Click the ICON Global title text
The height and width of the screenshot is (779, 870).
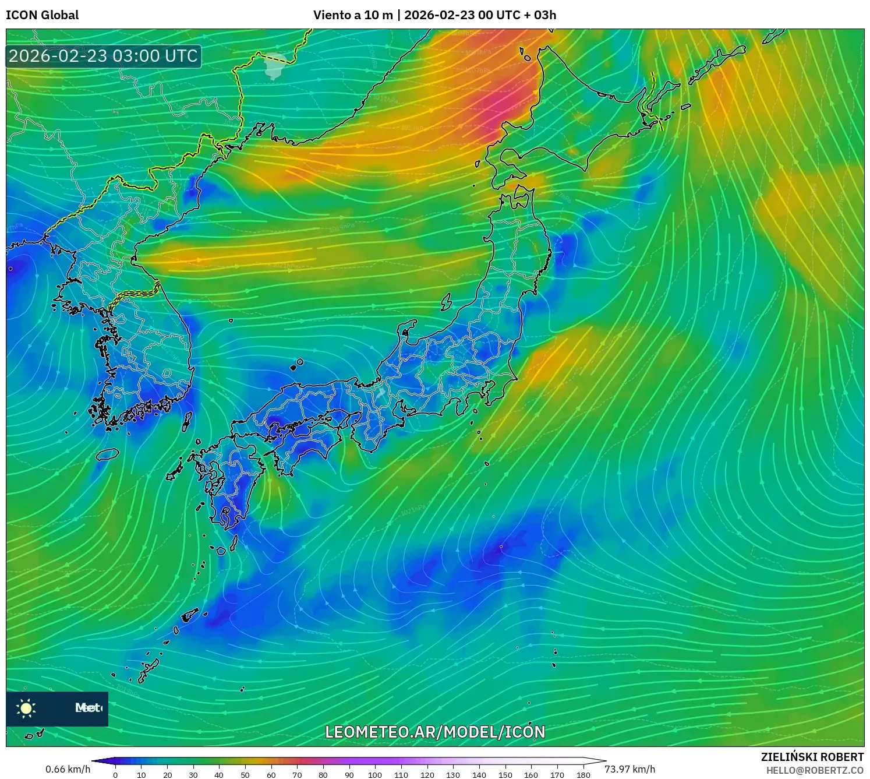point(42,15)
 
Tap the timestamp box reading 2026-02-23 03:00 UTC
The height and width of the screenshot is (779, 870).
point(104,56)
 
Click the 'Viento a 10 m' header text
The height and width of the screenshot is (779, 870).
point(353,15)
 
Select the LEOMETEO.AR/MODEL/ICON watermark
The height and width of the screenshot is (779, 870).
point(435,732)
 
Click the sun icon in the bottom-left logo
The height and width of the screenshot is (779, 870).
point(26,708)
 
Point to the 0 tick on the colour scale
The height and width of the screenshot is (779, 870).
point(115,775)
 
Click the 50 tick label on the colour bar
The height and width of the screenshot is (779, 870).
point(245,775)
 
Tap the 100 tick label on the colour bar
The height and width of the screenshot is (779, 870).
point(374,775)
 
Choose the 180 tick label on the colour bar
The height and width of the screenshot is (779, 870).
point(583,775)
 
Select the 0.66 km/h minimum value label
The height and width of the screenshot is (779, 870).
point(68,769)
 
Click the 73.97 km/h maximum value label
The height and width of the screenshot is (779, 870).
point(629,769)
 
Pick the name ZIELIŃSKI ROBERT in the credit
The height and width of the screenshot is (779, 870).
point(812,757)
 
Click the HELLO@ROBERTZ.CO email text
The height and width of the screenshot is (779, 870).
point(815,770)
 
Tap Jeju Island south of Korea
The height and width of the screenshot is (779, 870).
point(108,454)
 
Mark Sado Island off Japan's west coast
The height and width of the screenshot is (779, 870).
point(446,302)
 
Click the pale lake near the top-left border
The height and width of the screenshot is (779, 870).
point(274,65)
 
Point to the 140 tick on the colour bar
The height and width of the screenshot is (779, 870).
point(479,775)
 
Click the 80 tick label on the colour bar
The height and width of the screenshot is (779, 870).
point(323,775)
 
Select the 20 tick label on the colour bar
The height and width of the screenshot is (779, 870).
point(167,775)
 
